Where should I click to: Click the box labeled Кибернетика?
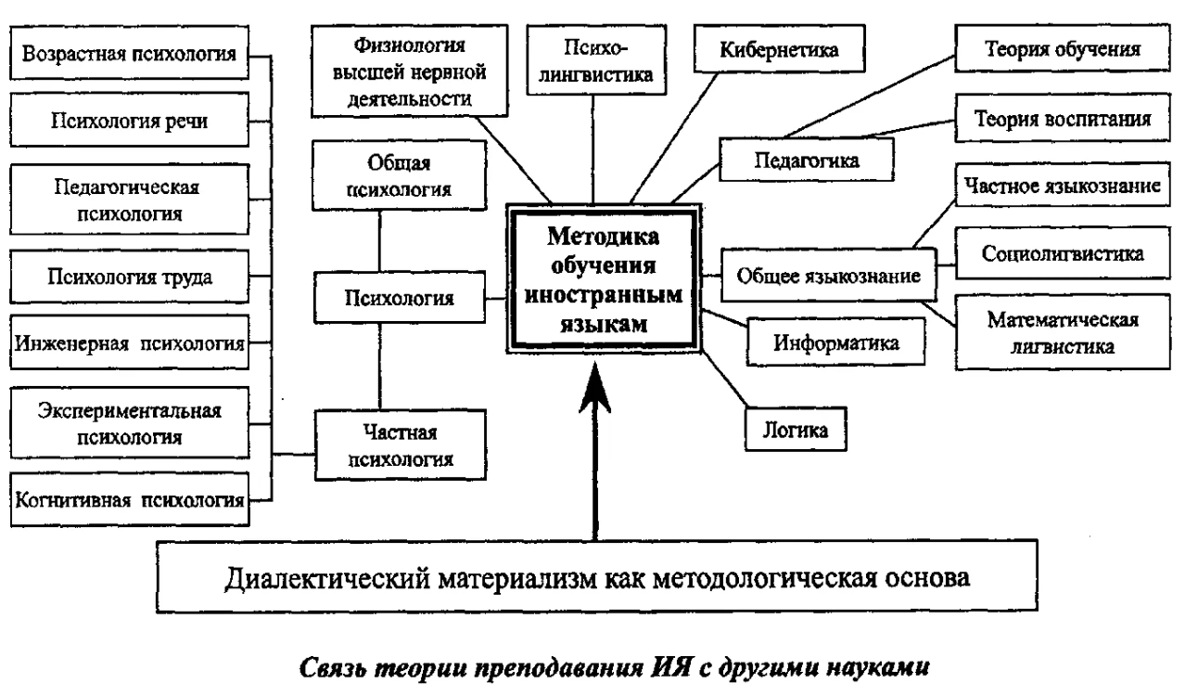pos(779,48)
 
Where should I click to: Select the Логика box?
pos(796,430)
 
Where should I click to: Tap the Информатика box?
pos(835,342)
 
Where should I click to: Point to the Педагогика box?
pos(806,160)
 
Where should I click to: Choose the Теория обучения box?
pos(1063,48)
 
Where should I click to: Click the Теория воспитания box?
pos(1063,118)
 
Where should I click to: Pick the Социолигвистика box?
pos(1063,253)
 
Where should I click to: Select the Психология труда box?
pos(130,277)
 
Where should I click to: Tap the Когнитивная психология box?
pos(130,499)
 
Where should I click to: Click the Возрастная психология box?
pos(130,53)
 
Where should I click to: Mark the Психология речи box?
pos(130,120)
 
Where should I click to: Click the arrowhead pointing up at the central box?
pos(595,386)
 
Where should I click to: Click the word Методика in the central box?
pos(603,237)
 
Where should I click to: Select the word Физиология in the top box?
pos(410,45)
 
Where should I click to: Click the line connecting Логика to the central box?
pos(724,379)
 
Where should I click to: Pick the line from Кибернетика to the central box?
pos(674,137)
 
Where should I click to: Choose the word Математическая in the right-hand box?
pos(1063,319)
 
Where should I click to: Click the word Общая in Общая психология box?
pos(399,162)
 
